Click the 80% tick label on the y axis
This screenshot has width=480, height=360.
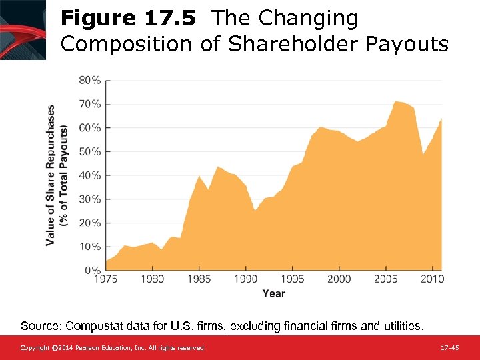(x=91, y=80)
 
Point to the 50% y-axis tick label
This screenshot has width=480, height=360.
(x=91, y=151)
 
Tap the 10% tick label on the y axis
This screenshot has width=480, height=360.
(x=91, y=247)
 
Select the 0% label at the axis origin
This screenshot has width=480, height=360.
(x=93, y=270)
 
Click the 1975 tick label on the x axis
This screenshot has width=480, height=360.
(x=106, y=279)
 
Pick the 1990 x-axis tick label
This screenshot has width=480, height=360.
(x=246, y=279)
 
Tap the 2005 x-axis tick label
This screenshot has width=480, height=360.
(x=385, y=279)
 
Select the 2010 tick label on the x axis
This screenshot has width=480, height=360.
(x=431, y=279)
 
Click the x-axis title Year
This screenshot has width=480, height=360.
(x=273, y=293)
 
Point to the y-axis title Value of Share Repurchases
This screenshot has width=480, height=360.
(x=51, y=175)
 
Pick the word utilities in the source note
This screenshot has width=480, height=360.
(x=401, y=326)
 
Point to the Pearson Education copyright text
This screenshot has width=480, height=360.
(x=113, y=348)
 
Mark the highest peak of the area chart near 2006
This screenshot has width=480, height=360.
(x=396, y=101)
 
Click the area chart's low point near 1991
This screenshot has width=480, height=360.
(x=255, y=211)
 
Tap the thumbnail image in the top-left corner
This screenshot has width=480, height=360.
(x=23, y=29)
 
